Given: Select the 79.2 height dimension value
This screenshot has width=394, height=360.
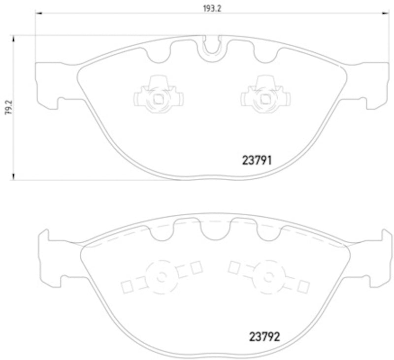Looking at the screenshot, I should pyautogui.click(x=6, y=105).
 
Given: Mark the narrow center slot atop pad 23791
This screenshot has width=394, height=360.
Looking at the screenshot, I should pyautogui.click(x=211, y=45).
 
